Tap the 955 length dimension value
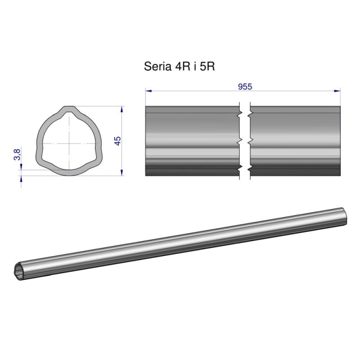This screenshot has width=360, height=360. pyautogui.click(x=244, y=87)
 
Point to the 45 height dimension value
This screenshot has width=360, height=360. pyautogui.click(x=118, y=140)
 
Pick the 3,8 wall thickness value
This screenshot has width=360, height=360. pyautogui.click(x=17, y=154)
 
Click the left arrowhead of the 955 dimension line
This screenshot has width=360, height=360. pyautogui.click(x=148, y=91)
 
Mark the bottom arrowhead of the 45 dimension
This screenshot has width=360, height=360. pyautogui.click(x=122, y=172)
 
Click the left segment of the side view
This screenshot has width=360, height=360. pyautogui.click(x=192, y=141)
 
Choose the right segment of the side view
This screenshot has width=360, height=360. pyautogui.click(x=295, y=141)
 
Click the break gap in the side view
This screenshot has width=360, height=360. pyautogui.click(x=244, y=141)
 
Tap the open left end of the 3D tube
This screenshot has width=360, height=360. pyautogui.click(x=19, y=271)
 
